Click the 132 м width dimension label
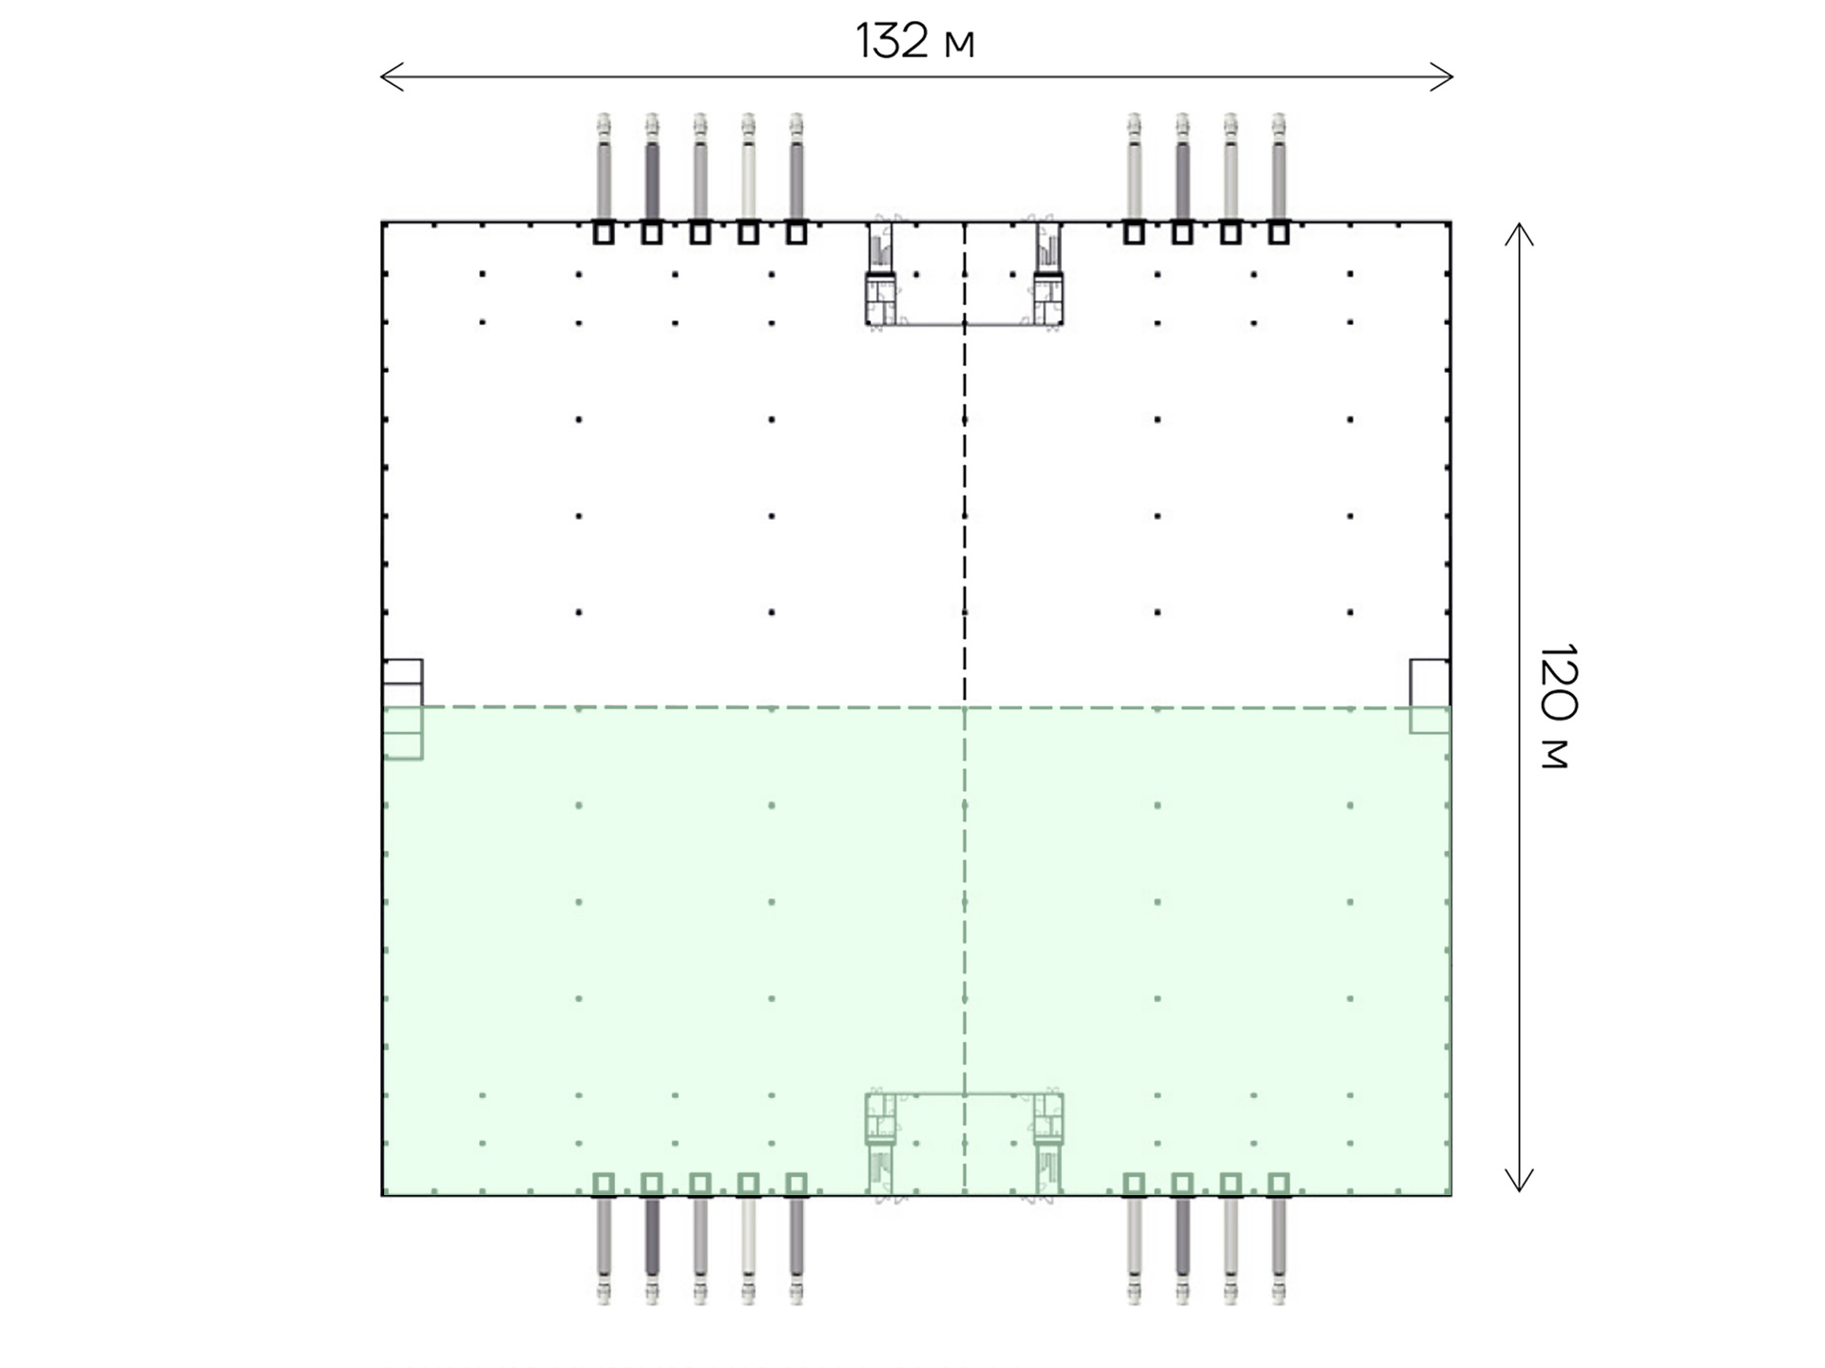(914, 41)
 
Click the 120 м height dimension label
(1557, 705)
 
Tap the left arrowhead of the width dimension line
(392, 77)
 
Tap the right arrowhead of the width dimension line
(1442, 77)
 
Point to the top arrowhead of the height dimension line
(1519, 234)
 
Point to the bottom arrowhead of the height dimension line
(1519, 1180)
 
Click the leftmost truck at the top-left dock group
(604, 167)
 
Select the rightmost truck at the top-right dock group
(1278, 167)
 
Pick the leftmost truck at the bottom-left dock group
(604, 1249)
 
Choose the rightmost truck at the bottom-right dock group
(1278, 1249)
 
